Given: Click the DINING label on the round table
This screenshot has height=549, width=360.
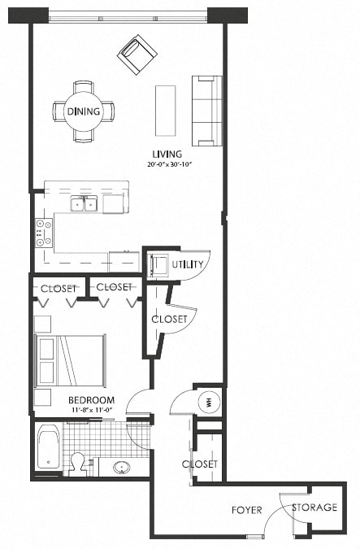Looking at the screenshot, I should (84, 111).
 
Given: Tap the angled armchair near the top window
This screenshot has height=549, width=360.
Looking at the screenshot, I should (137, 54).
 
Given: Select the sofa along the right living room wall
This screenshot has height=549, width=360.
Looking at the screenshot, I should (206, 110).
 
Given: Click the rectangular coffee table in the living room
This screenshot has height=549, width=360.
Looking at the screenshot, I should (166, 111).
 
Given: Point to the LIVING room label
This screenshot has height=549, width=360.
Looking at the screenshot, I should (166, 154).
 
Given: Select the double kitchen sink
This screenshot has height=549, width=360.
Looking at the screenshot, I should (84, 203).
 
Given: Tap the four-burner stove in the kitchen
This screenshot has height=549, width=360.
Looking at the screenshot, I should (43, 233).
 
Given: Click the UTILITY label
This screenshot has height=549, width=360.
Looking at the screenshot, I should (188, 264).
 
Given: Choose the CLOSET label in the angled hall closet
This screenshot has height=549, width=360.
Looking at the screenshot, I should (170, 319).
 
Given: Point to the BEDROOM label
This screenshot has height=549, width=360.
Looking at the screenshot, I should (90, 400).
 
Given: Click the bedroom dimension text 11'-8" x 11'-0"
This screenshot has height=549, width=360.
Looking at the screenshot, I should (90, 411).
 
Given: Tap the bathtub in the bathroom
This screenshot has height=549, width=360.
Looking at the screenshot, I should (48, 447).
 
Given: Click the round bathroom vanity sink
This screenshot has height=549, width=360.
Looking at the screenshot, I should (121, 468).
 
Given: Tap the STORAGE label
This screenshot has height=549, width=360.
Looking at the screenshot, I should (314, 507).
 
